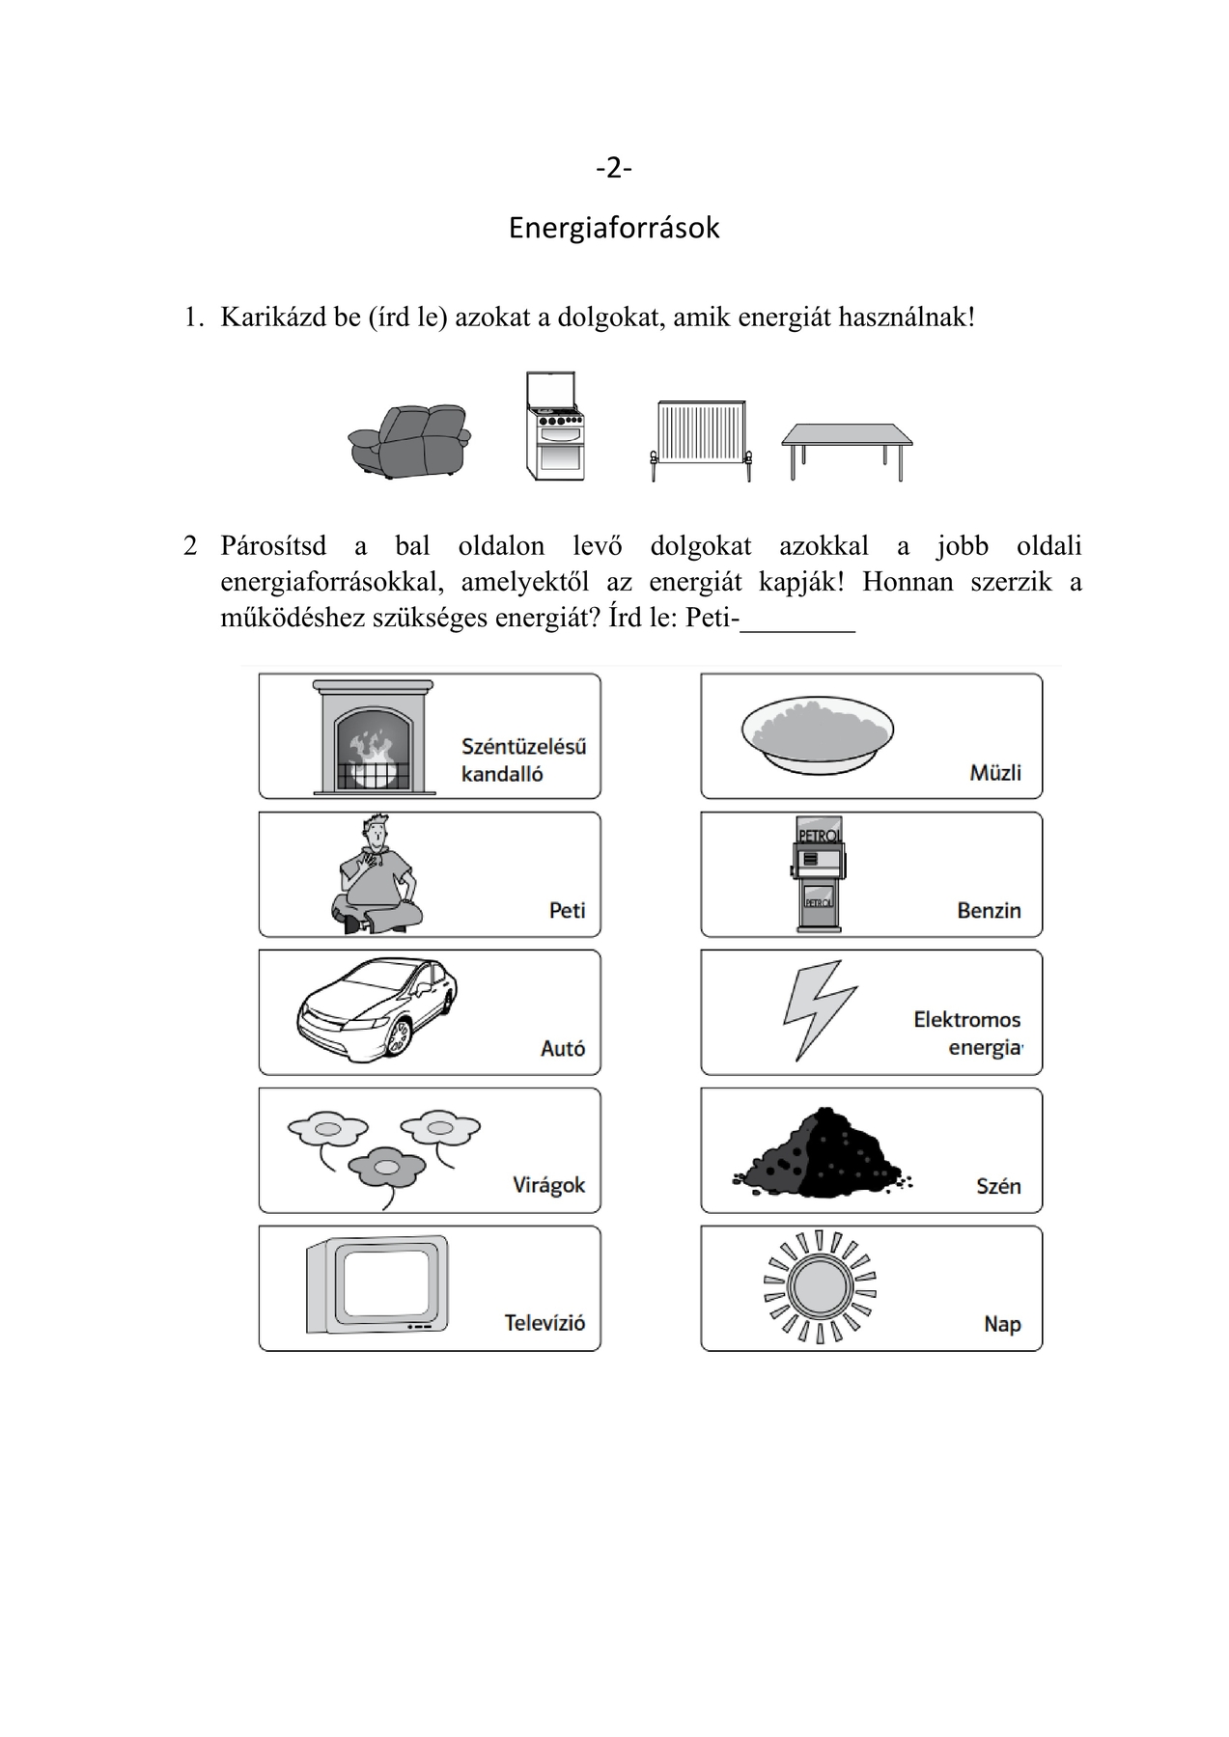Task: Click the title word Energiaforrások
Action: [614, 228]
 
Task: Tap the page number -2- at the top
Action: [614, 169]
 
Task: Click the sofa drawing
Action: [409, 441]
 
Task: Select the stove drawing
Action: [555, 427]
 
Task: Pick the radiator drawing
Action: [701, 440]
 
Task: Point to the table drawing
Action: [847, 447]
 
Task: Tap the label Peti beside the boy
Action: [568, 910]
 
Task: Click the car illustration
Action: [377, 1008]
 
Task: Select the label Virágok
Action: [548, 1185]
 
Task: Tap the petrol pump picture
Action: [818, 874]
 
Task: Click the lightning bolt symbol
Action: [819, 1008]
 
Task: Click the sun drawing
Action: [819, 1286]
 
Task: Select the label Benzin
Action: [989, 910]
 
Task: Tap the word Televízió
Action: [545, 1323]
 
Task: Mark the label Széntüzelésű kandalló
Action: [523, 759]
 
